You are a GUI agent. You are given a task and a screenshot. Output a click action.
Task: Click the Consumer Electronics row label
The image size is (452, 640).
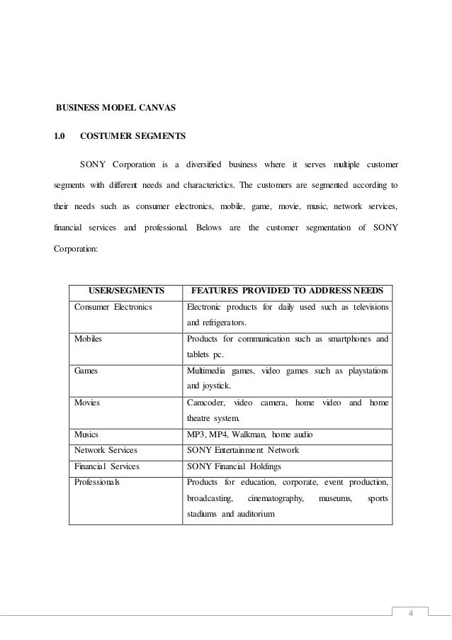[113, 306]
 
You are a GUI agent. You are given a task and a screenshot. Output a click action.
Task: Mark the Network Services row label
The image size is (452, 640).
[106, 450]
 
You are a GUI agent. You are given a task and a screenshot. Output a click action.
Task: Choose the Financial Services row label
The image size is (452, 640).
[107, 466]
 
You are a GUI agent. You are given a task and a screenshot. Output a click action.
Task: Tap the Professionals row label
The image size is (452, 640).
[98, 482]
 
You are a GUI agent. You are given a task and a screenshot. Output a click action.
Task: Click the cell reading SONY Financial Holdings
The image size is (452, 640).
[234, 466]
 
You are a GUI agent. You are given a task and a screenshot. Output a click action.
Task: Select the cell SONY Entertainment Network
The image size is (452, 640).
[242, 450]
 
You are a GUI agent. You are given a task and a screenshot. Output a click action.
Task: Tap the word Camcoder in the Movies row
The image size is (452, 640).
[205, 402]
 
